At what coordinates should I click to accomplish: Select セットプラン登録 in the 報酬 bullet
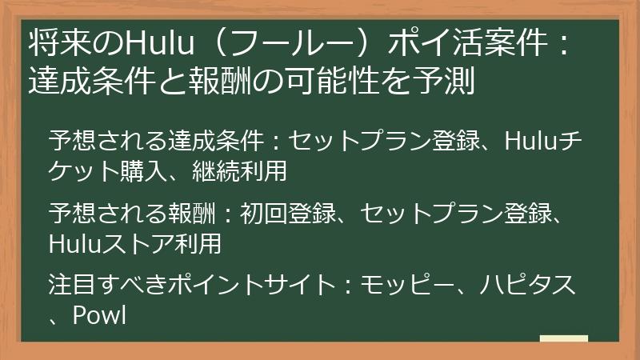(455, 213)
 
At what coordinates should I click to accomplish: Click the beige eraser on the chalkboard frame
(564, 339)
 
